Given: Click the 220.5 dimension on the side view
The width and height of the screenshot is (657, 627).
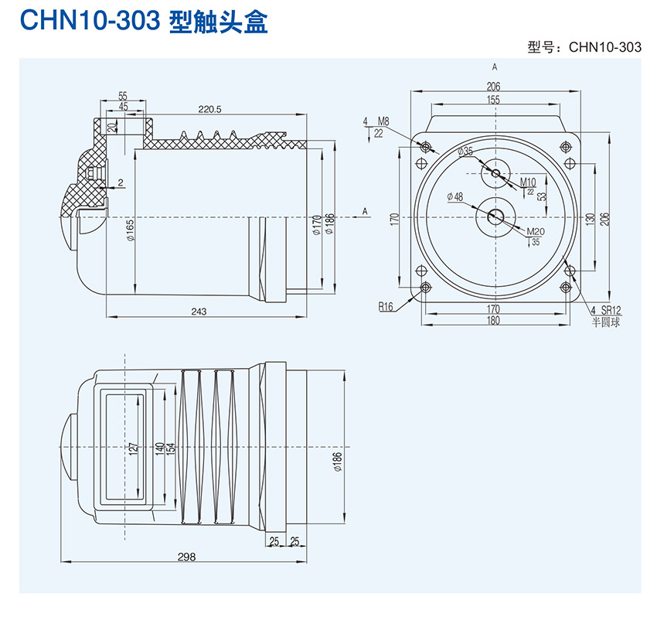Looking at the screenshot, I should pos(209,110).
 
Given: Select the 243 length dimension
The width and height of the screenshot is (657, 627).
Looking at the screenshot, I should pos(199,312).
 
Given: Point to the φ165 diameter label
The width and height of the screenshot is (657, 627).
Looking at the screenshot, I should pos(130,230).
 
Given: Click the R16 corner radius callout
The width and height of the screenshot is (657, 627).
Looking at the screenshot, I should pos(386,307).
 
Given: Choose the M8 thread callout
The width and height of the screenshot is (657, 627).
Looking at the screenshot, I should pos(383,121).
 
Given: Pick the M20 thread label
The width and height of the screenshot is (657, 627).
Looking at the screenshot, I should pos(535,232).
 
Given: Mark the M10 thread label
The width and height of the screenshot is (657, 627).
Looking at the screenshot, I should pos(528,182).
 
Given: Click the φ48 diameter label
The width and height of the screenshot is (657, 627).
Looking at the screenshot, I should pos(455,197).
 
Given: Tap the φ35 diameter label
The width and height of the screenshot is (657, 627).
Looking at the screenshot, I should pos(465,152).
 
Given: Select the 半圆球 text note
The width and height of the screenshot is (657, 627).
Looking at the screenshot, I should pos(607,322).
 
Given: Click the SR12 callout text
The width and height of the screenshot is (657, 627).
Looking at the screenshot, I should pos(611,310).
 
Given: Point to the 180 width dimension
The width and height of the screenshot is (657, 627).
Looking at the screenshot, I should pos(494,321).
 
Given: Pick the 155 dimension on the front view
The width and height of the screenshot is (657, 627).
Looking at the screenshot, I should pos(494,100).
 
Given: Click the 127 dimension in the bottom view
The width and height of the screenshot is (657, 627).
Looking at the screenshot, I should pos(133,448).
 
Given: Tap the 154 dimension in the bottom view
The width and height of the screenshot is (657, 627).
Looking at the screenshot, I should pos(171,448).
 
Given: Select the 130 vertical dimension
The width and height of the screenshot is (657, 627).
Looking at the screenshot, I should pos(590,220).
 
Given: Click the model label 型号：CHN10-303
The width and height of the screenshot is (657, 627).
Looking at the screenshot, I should pos(584,47).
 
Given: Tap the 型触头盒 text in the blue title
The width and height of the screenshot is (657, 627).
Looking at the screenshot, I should pos(218,22).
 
